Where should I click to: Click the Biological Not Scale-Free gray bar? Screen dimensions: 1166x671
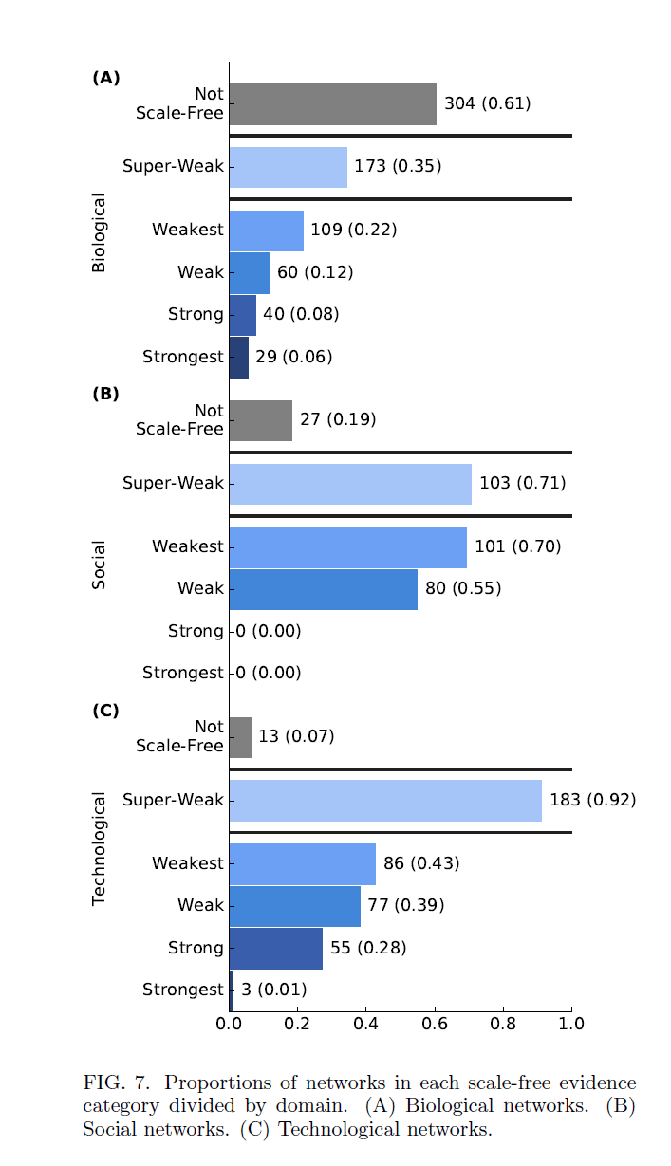[332, 104]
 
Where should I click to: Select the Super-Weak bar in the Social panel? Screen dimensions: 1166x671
[350, 484]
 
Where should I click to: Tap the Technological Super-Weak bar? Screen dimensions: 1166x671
[385, 801]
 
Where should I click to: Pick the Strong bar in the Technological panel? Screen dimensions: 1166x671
[276, 949]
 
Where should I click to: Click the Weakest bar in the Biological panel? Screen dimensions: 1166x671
[267, 231]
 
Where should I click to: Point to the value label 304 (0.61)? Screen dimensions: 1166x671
[487, 103]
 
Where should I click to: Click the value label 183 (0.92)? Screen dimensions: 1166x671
[592, 800]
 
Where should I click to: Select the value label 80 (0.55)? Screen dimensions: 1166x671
[463, 588]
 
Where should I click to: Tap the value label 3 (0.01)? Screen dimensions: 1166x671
[273, 990]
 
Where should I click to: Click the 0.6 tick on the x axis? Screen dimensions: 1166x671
[435, 1024]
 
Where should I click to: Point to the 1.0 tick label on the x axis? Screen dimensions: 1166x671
[571, 1024]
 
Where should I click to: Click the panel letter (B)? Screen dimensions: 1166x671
[105, 394]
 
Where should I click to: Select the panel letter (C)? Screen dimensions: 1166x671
[105, 710]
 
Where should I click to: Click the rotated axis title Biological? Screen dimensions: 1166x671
[99, 233]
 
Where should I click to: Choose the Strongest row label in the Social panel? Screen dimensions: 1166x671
[183, 673]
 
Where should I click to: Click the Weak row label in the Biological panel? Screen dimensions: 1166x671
[200, 272]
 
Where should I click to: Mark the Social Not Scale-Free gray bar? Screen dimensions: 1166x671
[261, 420]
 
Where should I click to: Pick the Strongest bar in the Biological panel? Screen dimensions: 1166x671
[239, 358]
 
